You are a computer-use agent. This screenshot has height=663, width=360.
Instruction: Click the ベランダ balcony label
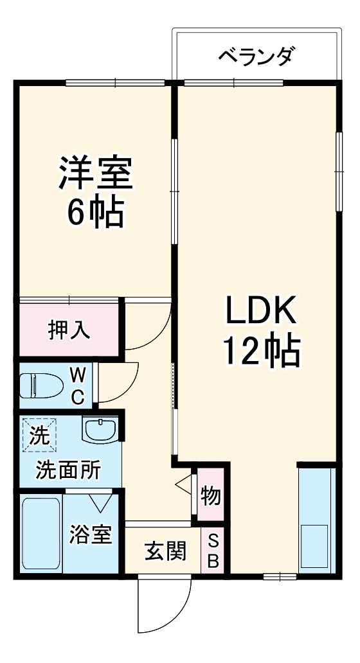[x=255, y=56]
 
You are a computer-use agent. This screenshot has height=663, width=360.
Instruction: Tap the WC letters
[x=77, y=385]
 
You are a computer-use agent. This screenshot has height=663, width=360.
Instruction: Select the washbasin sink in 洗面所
[x=100, y=429]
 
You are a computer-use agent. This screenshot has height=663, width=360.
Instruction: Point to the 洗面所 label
[x=68, y=471]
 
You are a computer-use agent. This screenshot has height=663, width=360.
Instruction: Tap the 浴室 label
[x=91, y=535]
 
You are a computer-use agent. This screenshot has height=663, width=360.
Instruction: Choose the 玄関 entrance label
[x=165, y=551]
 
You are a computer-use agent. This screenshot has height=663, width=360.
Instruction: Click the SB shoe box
[x=213, y=551]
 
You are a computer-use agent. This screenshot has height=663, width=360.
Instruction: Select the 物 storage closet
[x=210, y=495]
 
